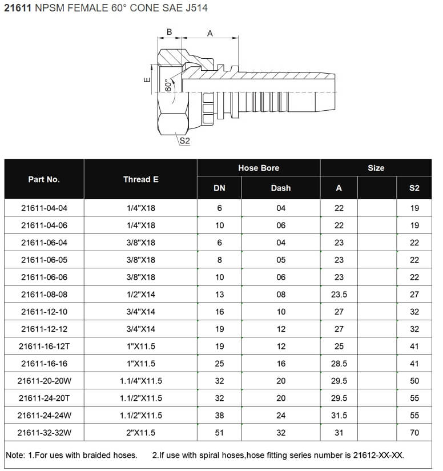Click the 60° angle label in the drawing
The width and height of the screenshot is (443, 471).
tap(168, 84)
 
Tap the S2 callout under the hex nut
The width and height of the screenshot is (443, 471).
tap(184, 141)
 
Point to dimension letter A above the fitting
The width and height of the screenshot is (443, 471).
tap(210, 34)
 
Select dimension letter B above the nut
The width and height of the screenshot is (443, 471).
tap(169, 32)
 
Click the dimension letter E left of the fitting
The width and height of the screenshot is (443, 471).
tap(147, 80)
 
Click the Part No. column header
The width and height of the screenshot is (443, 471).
tap(44, 179)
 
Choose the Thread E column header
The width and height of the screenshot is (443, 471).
tap(140, 179)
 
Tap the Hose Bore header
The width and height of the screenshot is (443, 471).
tap(259, 168)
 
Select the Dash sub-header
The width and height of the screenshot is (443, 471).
tap(280, 188)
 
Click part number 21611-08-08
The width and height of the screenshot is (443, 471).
tap(44, 295)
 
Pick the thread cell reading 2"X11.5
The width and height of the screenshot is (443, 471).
tap(140, 433)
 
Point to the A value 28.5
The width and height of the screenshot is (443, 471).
tap(339, 364)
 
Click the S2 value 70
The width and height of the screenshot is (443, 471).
tap(414, 433)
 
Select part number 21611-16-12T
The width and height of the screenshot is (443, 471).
tap(44, 347)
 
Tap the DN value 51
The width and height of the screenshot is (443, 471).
tap(219, 433)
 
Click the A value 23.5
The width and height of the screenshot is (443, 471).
tap(339, 295)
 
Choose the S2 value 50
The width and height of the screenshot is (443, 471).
tap(414, 381)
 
